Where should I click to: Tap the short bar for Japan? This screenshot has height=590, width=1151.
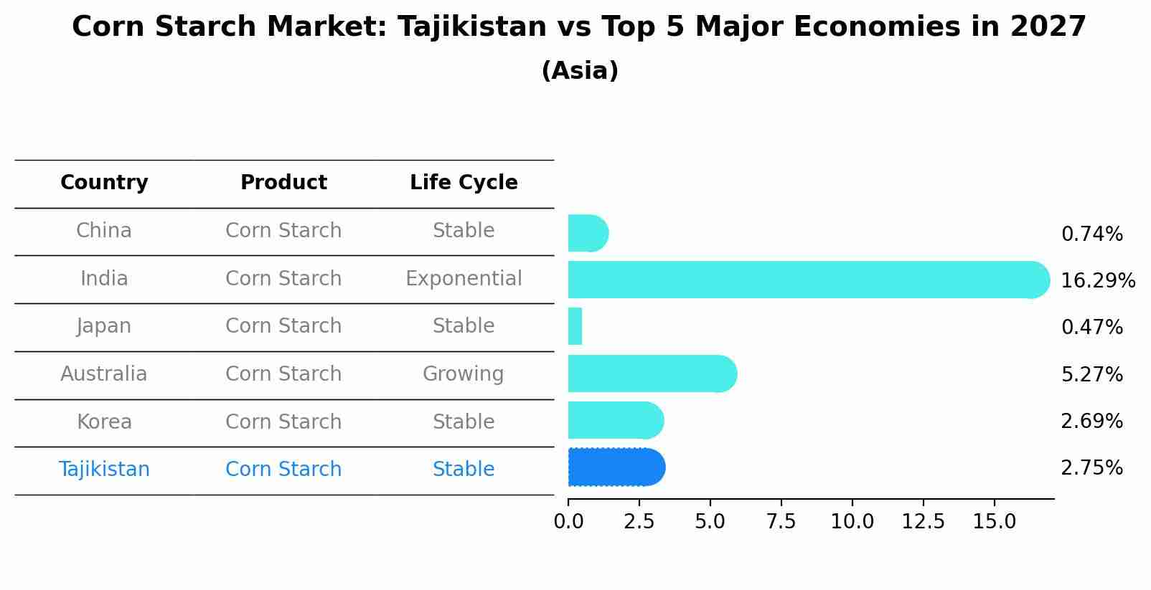[575, 326]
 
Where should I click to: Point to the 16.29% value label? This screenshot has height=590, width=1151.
[1097, 280]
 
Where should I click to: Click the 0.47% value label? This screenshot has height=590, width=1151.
[1091, 328]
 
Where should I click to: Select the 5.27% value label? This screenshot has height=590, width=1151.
[1091, 374]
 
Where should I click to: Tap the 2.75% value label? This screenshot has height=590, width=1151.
[1091, 468]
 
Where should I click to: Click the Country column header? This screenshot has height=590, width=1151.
[104, 183]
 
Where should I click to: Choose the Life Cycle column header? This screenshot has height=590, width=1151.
[464, 183]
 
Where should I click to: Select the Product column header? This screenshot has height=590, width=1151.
[283, 183]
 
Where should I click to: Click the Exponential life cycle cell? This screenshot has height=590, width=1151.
[464, 278]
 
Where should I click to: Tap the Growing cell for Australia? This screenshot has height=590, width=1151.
[463, 373]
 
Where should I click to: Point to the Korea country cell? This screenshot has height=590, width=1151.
[104, 422]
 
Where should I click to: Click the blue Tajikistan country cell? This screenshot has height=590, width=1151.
[104, 469]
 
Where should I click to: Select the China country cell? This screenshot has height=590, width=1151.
[104, 231]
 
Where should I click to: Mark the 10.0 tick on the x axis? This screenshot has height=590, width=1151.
[852, 522]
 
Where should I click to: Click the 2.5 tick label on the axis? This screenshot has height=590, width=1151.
[639, 522]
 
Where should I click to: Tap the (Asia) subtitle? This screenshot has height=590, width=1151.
[580, 71]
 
